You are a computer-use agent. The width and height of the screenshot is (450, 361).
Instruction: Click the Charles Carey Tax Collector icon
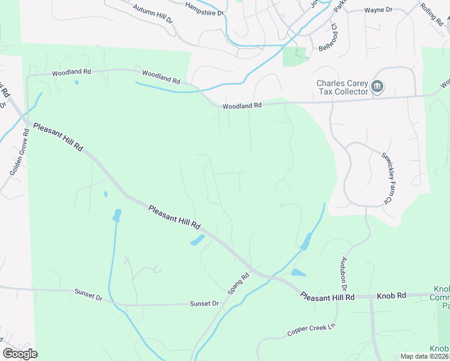tap(377, 87)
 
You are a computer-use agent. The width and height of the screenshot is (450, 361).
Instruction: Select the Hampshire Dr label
tap(205, 8)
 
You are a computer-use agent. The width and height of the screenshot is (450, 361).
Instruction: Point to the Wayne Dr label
tap(378, 10)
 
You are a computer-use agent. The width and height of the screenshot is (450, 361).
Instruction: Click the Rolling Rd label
tap(431, 13)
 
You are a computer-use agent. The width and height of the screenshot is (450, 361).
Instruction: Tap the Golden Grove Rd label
tap(19, 152)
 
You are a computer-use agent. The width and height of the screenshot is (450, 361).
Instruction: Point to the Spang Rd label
tap(238, 285)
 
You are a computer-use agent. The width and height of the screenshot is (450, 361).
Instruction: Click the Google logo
tap(20, 354)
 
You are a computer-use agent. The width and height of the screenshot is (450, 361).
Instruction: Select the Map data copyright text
tap(425, 356)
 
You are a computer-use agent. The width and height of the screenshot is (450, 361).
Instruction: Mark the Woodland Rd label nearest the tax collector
tap(242, 105)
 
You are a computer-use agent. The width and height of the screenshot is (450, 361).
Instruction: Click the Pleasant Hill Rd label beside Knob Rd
tap(327, 297)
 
